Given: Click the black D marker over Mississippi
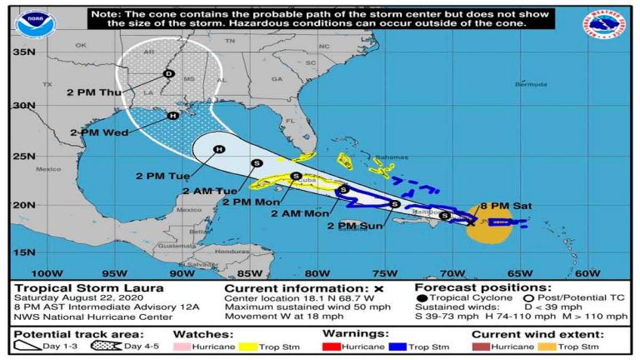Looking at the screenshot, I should click(168, 73).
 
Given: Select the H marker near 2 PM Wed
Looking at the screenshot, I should click(172, 116).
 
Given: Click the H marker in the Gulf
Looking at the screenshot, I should click(218, 150).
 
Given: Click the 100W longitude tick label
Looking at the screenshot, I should click(46, 272).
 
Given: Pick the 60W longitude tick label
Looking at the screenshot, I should click(587, 272).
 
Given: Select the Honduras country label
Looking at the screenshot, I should click(227, 251).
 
